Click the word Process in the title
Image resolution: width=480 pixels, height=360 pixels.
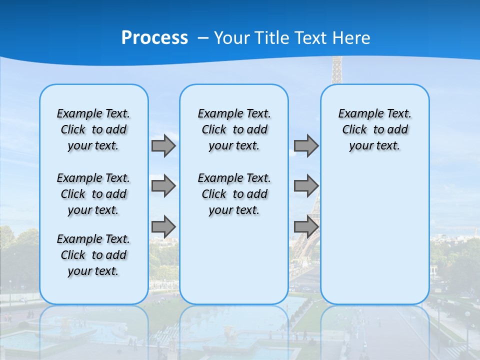click(154, 38)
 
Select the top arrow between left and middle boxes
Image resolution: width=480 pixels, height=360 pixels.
click(163, 145)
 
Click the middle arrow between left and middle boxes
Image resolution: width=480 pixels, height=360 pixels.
click(163, 186)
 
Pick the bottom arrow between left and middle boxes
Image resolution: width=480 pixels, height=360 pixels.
click(163, 226)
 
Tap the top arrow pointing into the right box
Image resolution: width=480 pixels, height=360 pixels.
click(306, 145)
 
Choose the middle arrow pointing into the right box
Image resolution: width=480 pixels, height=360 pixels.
click(306, 186)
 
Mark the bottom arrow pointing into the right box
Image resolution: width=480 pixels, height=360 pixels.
click(306, 226)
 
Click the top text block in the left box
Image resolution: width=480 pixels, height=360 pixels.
click(93, 129)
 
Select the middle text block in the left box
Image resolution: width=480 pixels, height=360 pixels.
click(93, 194)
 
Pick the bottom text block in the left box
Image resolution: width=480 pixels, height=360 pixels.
click(93, 255)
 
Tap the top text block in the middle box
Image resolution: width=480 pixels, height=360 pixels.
click(234, 129)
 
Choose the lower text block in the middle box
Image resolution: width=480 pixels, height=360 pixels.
click(234, 194)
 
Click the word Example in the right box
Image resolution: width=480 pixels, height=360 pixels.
click(357, 113)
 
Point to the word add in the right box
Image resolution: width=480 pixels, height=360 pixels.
click(398, 129)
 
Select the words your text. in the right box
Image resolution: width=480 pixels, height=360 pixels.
click(374, 145)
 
